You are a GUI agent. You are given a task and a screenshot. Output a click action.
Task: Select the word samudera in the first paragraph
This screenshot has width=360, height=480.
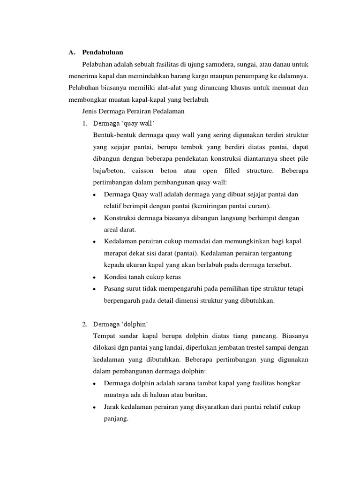pos(225,64)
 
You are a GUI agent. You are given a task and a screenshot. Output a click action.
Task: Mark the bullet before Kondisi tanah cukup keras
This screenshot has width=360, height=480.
pos(95,277)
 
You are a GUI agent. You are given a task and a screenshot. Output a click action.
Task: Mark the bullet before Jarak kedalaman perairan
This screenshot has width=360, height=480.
pos(95,407)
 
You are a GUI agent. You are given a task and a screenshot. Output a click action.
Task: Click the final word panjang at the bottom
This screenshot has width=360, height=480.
pos(115,419)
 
